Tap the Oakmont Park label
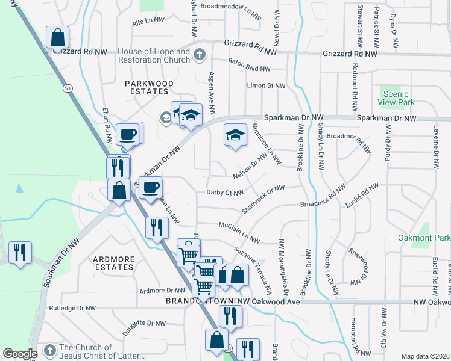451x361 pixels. coord(424,238)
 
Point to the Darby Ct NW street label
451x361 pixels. coord(224,193)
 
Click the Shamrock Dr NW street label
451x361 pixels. coord(263,199)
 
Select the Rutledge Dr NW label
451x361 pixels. coord(72,308)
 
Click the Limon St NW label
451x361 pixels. coord(266,85)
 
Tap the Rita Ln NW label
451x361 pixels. coord(148,20)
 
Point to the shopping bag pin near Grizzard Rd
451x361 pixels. coord(57,37)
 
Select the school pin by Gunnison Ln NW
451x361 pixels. coord(235,134)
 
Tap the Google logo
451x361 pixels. coord(20,353)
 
